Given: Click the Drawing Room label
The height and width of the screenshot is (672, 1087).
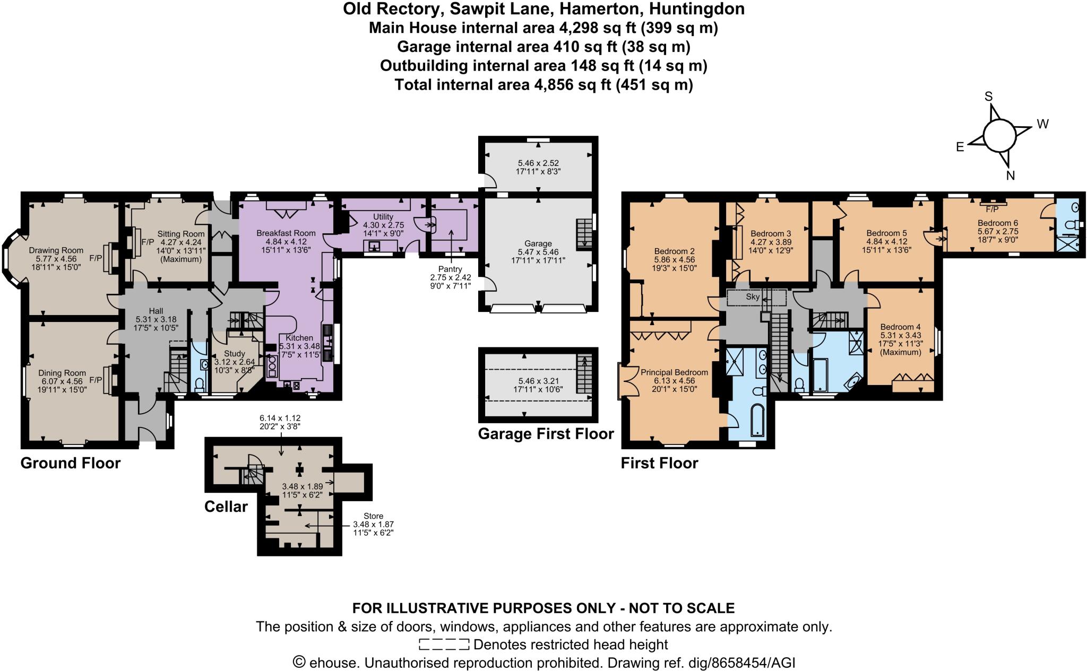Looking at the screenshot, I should coord(56,250).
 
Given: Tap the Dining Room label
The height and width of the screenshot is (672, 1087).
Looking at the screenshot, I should coord(62,373).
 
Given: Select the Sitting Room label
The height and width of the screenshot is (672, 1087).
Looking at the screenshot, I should coord(180,234).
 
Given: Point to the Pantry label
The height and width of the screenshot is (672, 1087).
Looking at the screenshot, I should coord(450,269).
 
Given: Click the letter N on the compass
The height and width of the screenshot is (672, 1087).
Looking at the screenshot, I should coord(1010,176).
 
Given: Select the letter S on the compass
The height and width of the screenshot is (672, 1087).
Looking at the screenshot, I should coord(988,97).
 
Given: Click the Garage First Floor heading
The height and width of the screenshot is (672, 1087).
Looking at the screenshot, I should coord(546,434).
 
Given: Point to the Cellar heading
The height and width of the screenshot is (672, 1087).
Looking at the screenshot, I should coord(226,507).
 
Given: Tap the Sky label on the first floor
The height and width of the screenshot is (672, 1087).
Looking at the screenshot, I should coord(753,297).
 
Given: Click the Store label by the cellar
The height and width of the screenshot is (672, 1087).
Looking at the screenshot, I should coord(373,516).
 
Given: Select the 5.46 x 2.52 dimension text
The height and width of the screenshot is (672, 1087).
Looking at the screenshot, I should coord(538,163).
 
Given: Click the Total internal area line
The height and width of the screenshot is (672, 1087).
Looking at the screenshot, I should coord(543,85).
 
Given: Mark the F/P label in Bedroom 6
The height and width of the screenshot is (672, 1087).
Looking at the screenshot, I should coord(992,209).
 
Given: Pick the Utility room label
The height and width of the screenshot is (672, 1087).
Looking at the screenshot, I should coord(383,217).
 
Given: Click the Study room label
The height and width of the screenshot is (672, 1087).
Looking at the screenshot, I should coord(234,354).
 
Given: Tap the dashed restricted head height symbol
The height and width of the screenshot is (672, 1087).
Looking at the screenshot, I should coord(444,645).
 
